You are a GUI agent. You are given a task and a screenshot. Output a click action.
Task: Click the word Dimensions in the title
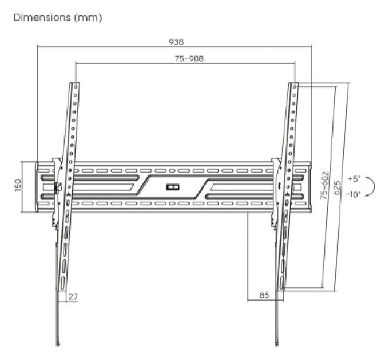42,18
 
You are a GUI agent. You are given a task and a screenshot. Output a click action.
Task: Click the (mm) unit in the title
88,18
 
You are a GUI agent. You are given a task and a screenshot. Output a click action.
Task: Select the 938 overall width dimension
176,42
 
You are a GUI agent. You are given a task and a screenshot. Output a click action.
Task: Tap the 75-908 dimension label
189,59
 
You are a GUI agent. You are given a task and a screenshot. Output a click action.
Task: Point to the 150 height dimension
18,185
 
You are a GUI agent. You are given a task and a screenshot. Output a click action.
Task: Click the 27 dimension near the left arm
73,297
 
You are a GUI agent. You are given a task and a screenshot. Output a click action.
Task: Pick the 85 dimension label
264,295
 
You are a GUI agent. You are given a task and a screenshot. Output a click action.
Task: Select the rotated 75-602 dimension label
324,186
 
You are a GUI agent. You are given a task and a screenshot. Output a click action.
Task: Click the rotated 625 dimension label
337,187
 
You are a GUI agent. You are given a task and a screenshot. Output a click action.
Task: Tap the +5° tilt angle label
354,178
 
